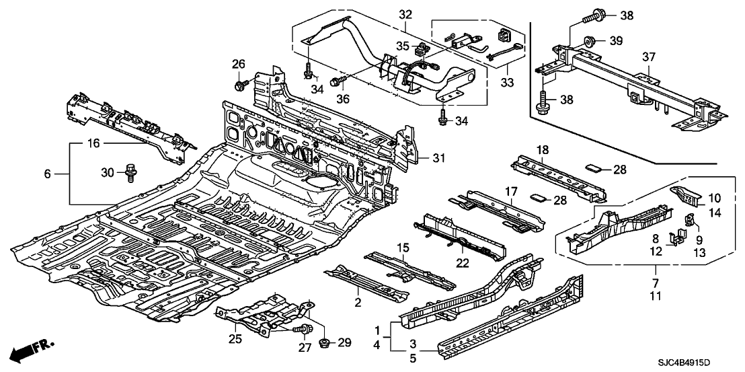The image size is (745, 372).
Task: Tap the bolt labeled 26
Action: pyautogui.click(x=240, y=85)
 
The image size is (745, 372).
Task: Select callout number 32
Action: pyautogui.click(x=405, y=15)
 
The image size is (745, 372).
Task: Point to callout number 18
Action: pyautogui.click(x=543, y=149)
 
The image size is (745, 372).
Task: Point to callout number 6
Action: pyautogui.click(x=48, y=173)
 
